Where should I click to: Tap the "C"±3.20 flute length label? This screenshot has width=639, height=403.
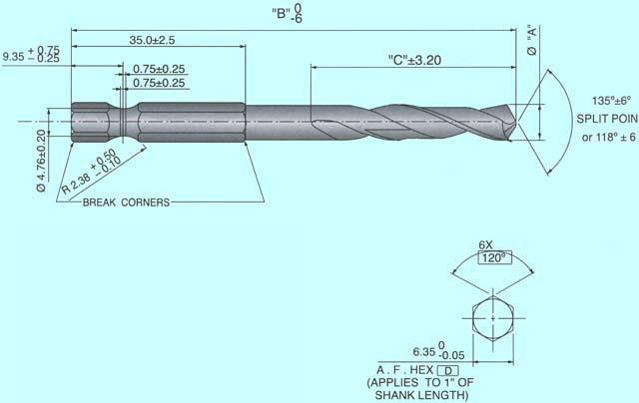tap(414, 60)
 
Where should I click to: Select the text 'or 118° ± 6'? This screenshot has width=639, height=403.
tap(593, 136)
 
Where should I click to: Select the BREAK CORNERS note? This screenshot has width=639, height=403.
tap(126, 201)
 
